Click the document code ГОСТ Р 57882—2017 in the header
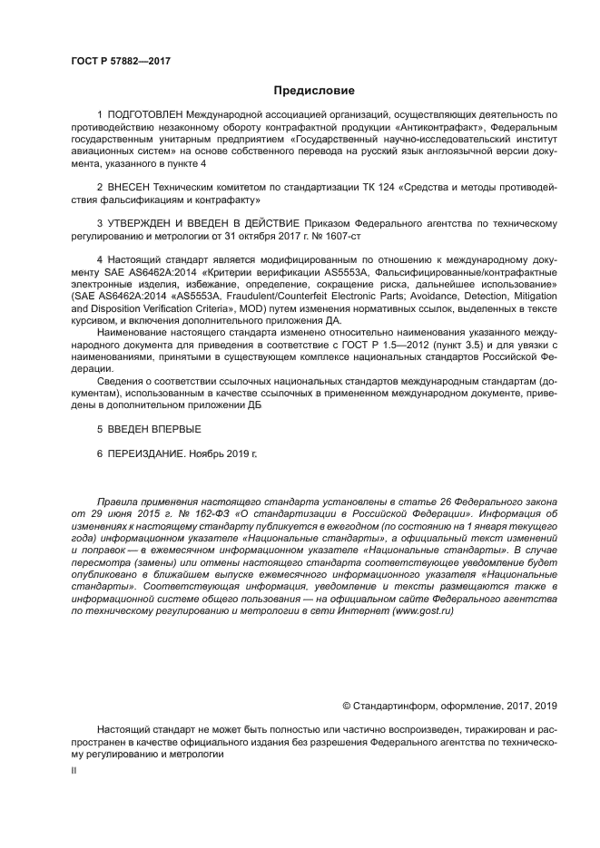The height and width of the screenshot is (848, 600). pos(121,61)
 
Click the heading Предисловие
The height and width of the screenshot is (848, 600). pos(314,91)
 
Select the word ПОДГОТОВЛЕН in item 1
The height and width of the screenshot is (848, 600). pos(145,116)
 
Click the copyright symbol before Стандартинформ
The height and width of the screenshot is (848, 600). pos(346,705)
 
